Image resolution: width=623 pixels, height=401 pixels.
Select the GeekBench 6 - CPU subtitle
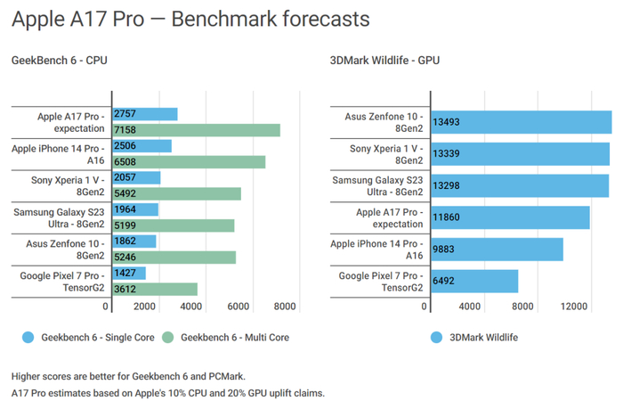coord(60,61)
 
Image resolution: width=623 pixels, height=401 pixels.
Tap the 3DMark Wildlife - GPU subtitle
coord(384,61)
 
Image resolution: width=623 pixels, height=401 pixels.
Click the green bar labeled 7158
coord(197,131)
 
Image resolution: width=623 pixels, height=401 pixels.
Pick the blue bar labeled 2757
coord(145,115)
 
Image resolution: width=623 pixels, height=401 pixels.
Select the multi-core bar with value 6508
coord(189,162)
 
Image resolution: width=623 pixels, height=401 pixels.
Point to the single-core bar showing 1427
coord(130,274)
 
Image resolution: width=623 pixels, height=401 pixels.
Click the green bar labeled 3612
coord(155,289)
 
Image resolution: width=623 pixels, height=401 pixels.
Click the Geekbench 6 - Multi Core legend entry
coord(226,338)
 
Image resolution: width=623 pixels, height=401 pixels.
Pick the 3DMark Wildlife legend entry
coord(476,338)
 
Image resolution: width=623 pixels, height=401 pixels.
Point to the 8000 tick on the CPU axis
coord(284,307)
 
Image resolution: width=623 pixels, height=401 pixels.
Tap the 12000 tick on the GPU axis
coord(575,307)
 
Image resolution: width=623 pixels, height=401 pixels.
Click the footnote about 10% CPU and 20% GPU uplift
coord(168,392)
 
